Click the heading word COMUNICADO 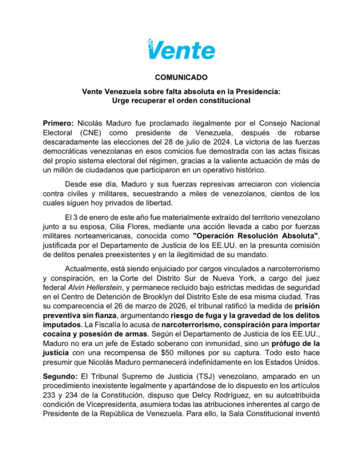click(x=181, y=77)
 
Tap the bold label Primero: click(x=58, y=123)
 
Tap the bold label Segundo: click(x=60, y=376)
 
